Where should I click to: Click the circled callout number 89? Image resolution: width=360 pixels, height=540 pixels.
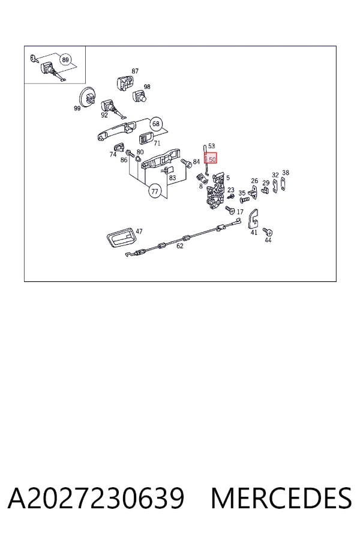pyautogui.click(x=65, y=59)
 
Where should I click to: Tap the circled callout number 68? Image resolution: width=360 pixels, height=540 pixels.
pyautogui.click(x=156, y=124)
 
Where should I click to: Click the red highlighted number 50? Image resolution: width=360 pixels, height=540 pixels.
pyautogui.click(x=211, y=158)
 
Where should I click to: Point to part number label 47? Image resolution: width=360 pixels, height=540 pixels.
pyautogui.click(x=139, y=231)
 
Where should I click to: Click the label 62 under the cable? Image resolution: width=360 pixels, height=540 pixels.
pyautogui.click(x=180, y=246)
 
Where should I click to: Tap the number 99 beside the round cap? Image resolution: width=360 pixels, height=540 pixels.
pyautogui.click(x=77, y=108)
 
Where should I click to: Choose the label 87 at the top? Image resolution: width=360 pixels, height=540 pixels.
pyautogui.click(x=135, y=71)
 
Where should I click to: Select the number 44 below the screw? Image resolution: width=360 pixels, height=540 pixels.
pyautogui.click(x=268, y=240)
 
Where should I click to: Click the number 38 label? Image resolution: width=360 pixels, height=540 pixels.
pyautogui.click(x=286, y=173)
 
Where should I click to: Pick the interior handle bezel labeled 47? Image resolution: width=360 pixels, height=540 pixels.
pyautogui.click(x=120, y=236)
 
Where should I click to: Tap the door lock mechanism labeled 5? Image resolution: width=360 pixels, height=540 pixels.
pyautogui.click(x=215, y=192)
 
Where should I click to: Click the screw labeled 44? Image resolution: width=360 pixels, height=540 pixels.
pyautogui.click(x=266, y=231)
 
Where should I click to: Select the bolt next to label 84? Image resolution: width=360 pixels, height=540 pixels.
pyautogui.click(x=186, y=162)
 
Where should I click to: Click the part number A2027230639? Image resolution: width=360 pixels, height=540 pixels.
pyautogui.click(x=96, y=498)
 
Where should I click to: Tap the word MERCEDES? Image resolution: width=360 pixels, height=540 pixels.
pyautogui.click(x=281, y=498)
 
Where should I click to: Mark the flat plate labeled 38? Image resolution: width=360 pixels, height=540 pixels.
pyautogui.click(x=283, y=184)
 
